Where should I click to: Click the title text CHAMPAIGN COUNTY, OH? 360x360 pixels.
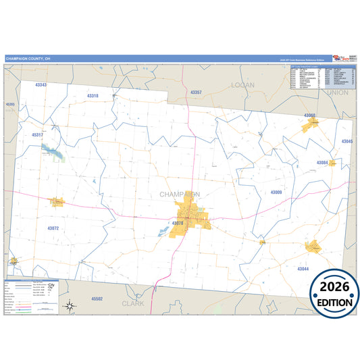point(28,59)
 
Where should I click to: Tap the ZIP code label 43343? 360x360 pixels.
point(40,85)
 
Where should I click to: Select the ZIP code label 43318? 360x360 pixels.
point(92,96)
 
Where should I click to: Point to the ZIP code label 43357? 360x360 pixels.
point(196,92)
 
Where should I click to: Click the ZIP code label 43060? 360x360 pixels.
point(309,115)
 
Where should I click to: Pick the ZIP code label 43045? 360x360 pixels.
point(346,141)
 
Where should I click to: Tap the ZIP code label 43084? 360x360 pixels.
point(323,163)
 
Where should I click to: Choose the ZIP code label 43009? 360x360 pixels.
point(276,192)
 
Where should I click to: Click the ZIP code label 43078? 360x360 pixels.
point(178,223)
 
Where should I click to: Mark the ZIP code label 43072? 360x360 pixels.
point(54,228)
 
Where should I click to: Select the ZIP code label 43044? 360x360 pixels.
point(303,269)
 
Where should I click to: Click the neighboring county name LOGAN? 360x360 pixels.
point(242,85)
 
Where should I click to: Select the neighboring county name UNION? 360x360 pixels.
point(337,92)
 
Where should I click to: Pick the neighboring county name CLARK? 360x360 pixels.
point(133,303)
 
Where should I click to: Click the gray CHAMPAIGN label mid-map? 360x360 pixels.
point(180,195)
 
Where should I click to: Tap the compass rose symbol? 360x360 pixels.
point(70,306)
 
